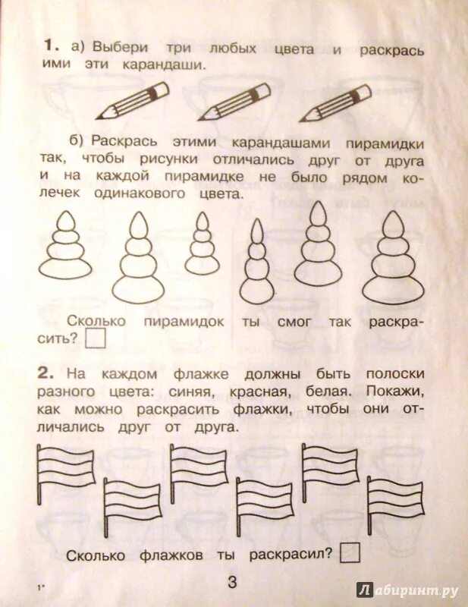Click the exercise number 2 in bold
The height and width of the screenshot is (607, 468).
[48, 373]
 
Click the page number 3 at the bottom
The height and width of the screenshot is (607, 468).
[232, 582]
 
